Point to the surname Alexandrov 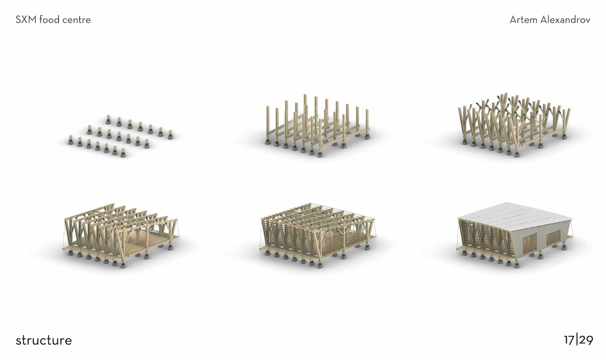(x=565, y=20)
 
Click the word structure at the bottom (x=44, y=340)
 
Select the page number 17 (x=569, y=340)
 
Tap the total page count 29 (x=586, y=340)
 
